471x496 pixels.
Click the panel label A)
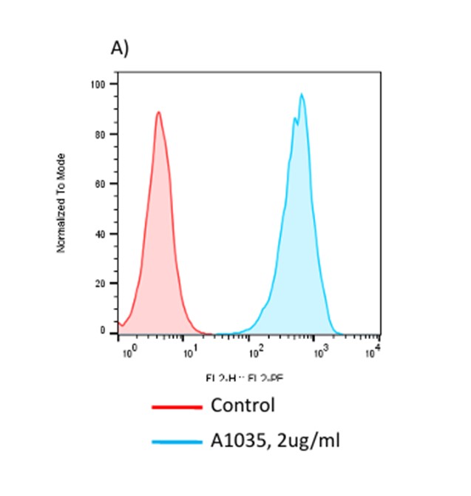tap(120, 48)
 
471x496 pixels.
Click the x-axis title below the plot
tap(245, 378)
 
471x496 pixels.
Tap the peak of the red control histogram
tap(158, 113)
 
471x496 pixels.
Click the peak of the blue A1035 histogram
tap(302, 95)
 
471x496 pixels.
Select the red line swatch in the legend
tap(177, 406)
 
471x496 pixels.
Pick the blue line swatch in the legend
tap(177, 442)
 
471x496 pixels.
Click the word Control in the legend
tap(243, 406)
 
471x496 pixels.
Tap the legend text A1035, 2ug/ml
tap(276, 441)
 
